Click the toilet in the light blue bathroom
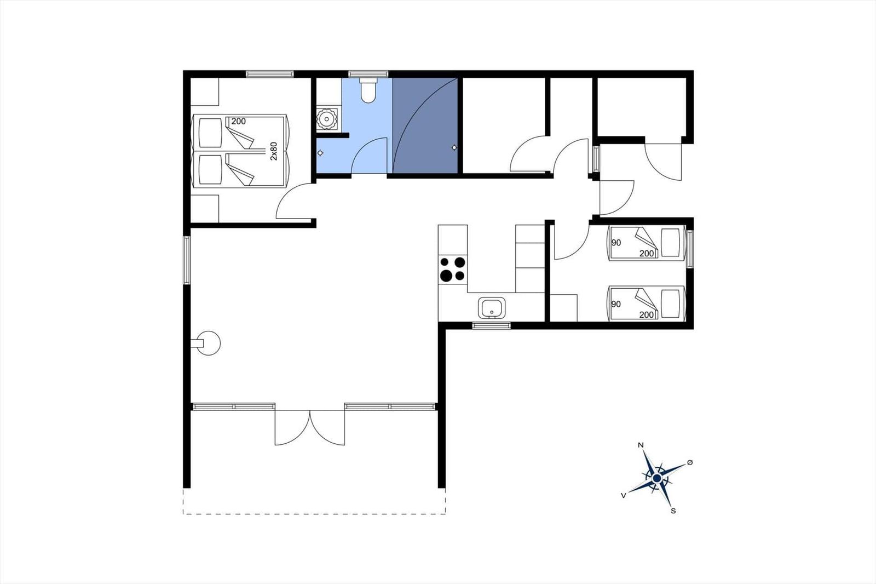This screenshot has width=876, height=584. tap(368, 90)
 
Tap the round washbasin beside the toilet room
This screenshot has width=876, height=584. tap(326, 118)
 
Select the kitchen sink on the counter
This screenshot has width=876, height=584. tap(492, 308)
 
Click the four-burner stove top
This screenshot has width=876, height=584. tap(452, 269)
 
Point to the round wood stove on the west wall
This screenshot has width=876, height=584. tap(208, 343)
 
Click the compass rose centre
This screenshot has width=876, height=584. tap(657, 478)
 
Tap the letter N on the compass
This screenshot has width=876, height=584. tap(641, 445)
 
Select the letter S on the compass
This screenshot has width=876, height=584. tap(673, 511)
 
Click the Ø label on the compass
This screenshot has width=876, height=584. tap(690, 463)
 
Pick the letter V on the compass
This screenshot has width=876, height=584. tap(624, 496)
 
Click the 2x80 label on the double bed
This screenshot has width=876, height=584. tap(273, 151)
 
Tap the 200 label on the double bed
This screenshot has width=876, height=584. tap(239, 121)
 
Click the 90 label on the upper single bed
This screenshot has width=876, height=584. tap(616, 243)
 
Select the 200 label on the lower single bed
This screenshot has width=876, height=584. tap(647, 314)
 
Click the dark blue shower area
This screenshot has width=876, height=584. tap(425, 125)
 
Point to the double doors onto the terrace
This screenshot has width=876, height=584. tap(310, 427)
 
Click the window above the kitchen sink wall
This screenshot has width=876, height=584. tap(491, 325)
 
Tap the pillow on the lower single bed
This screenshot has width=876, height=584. tap(670, 304)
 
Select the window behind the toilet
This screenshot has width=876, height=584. tap(368, 74)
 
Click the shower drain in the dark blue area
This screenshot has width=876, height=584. tap(454, 147)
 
